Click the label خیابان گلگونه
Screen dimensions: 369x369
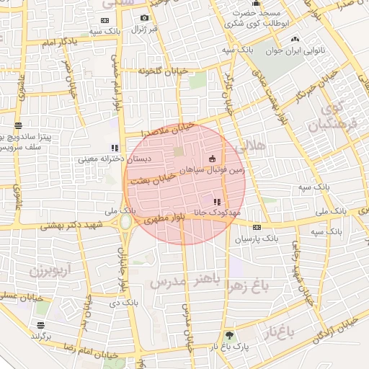point(148,71)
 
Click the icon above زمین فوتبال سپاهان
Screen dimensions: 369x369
point(212,159)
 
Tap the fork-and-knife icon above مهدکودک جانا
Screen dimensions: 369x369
point(218,202)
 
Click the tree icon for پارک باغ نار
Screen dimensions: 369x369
point(229,335)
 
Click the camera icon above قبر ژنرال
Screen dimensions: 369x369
point(144,18)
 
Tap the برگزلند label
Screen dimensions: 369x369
point(43,337)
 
